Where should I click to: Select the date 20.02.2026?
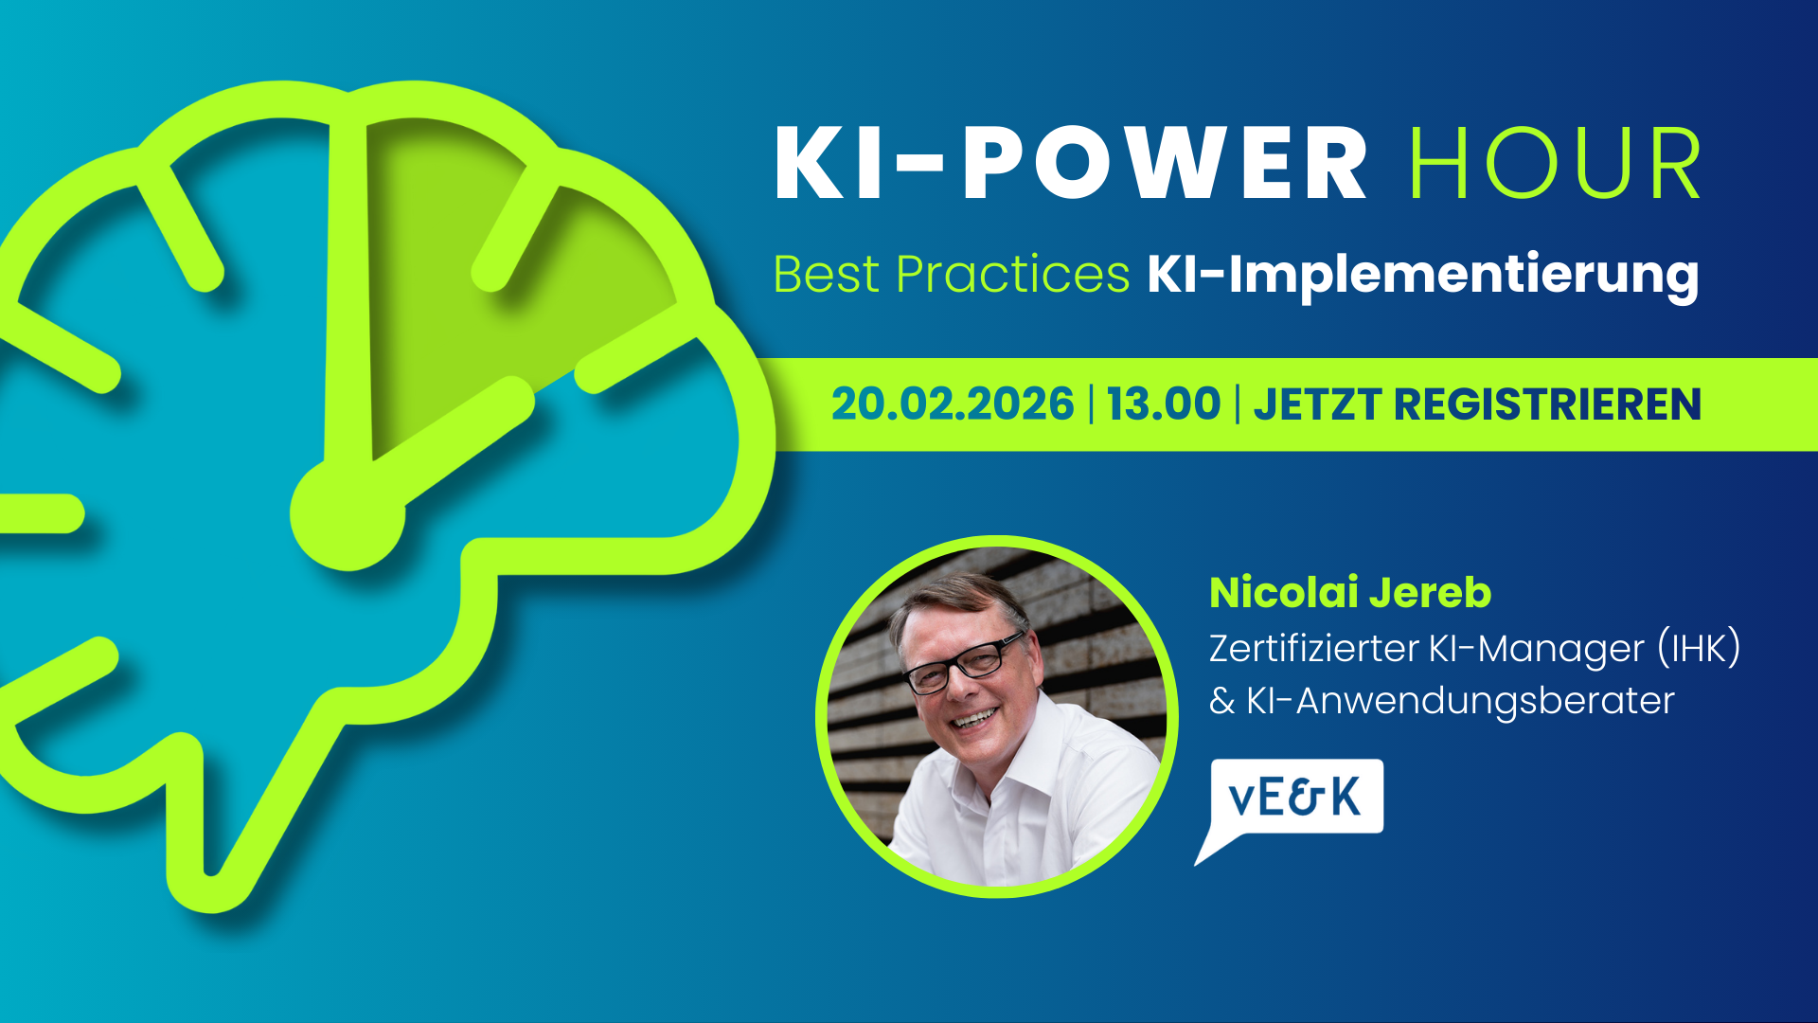coord(953,404)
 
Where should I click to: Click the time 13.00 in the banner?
coord(1164,404)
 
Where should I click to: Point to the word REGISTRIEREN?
coord(1547,404)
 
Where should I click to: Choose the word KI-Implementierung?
coord(1422,275)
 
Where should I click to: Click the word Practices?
coord(1012,275)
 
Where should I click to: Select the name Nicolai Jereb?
coord(1350,593)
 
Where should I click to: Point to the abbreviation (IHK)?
coord(1699,649)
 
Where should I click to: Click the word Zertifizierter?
coord(1313,649)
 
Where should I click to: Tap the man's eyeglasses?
coord(963,664)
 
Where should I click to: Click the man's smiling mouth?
coord(974,718)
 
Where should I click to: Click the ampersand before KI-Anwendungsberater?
coord(1222,702)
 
